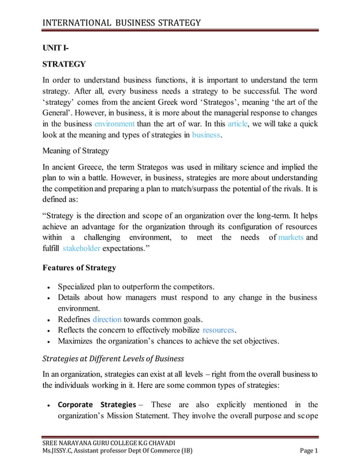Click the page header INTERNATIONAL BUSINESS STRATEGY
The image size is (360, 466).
[122, 23]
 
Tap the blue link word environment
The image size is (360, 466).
[114, 123]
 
